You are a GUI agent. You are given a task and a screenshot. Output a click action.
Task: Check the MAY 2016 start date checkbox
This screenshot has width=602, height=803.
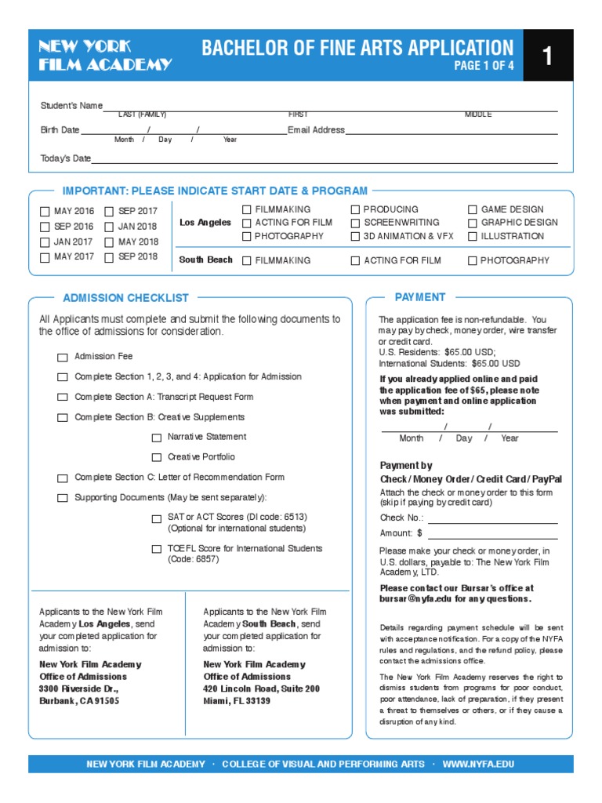[45, 212]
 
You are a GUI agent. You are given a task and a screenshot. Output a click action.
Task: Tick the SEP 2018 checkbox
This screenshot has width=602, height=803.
[110, 257]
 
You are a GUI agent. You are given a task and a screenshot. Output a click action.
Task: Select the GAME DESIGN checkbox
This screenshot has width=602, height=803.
[473, 210]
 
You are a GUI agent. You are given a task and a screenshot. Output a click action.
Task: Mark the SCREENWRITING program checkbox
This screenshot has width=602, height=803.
[355, 223]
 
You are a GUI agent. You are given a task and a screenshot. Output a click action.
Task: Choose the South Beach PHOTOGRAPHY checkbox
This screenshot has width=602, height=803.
[473, 261]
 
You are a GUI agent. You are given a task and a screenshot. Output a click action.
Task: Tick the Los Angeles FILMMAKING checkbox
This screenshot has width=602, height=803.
[247, 210]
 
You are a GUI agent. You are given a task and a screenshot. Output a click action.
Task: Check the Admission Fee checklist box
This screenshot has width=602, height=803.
[63, 358]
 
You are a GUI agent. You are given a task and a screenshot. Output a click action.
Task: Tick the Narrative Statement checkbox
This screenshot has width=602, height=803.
[157, 438]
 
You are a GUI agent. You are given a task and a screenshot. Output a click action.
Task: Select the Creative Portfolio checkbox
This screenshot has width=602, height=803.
[157, 457]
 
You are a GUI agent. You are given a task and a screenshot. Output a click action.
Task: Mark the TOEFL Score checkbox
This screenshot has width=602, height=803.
[157, 550]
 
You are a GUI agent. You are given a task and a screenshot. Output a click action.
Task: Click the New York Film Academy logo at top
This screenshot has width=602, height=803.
[105, 56]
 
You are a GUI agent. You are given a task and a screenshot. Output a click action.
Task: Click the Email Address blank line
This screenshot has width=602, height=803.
[451, 132]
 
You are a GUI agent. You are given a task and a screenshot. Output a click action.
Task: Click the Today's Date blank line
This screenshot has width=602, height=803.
[325, 161]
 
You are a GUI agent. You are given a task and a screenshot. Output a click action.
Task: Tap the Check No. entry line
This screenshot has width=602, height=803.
[492, 520]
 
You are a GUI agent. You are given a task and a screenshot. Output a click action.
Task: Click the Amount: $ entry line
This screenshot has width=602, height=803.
[492, 535]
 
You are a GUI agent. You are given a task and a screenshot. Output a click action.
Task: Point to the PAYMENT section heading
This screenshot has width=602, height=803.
[420, 297]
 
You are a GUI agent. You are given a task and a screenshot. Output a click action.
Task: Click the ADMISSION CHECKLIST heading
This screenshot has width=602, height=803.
[125, 298]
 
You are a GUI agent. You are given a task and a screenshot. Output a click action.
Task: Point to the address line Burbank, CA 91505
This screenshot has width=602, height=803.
[79, 701]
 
